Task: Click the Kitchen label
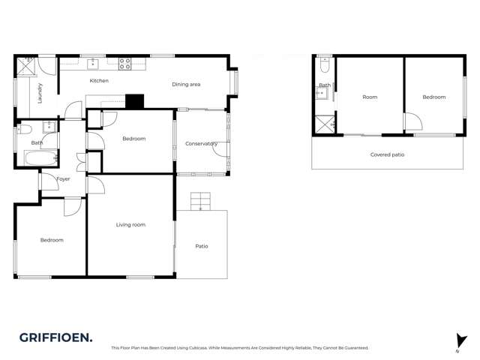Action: coord(99,81)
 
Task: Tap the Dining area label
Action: coord(186,85)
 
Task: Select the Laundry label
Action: coord(40,93)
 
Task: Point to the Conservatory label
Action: coord(202,143)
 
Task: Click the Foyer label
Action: coord(63,179)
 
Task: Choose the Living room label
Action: coord(130,225)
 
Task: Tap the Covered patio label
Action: coord(388,154)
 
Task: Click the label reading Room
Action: coord(370,97)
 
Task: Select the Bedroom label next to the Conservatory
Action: coord(133,139)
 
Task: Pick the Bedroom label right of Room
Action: coord(433,97)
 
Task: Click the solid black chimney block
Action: coord(134,101)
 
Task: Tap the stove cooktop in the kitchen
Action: coord(125,64)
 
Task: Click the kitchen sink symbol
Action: coord(93,64)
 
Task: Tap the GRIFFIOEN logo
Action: coord(56,337)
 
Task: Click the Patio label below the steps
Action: coord(202,246)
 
